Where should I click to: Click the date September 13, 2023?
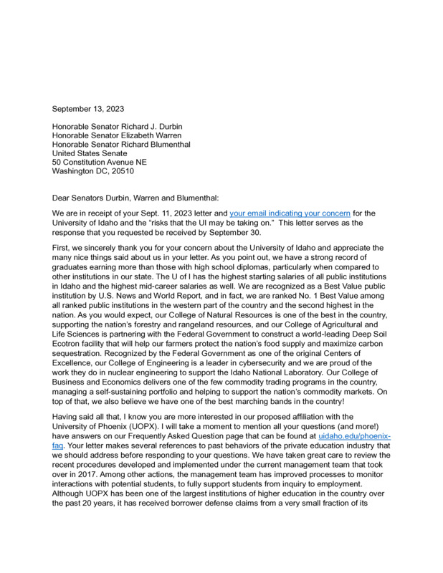(88, 109)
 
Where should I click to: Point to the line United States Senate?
(90, 153)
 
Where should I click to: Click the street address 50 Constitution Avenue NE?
(100, 162)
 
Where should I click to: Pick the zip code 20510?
(119, 171)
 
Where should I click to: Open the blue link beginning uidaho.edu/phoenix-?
(355, 435)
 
